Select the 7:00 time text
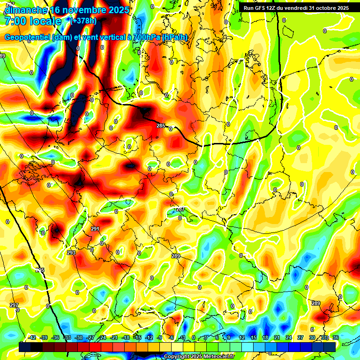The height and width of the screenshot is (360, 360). click(x=15, y=21)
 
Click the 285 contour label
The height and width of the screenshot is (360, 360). click(x=161, y=126)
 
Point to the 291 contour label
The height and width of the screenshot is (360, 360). click(x=95, y=229)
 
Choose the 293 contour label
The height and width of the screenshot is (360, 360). click(x=71, y=253)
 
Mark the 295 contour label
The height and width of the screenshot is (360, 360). click(x=40, y=270)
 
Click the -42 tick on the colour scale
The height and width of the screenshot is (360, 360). click(x=32, y=337)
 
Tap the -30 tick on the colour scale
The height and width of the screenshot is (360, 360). click(x=79, y=337)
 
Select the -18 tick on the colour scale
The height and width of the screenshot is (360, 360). click(x=126, y=337)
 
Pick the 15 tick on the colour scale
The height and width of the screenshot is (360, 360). click(x=254, y=337)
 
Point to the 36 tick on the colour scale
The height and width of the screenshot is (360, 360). click(x=336, y=337)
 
